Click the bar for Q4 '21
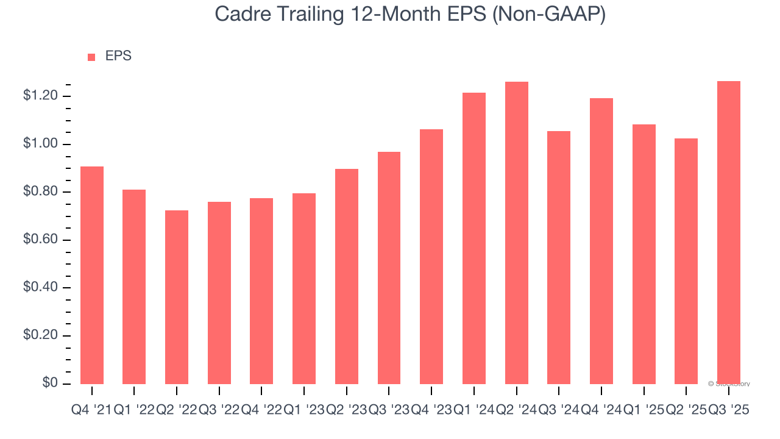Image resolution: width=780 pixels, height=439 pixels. coord(92,275)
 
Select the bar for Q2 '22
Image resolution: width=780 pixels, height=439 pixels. coord(177,297)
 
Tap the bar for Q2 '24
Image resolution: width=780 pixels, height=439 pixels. coord(517,233)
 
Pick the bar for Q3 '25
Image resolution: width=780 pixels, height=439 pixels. coord(729,232)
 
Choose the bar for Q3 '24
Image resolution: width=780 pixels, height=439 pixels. coord(559,257)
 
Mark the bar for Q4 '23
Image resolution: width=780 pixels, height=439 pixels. coord(431,257)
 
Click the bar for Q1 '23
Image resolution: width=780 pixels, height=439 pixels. coord(304,288)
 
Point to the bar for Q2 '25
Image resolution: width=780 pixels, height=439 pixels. coord(686,261)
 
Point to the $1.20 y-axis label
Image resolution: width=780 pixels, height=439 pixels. coord(40,96)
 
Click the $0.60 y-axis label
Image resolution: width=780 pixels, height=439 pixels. coord(40,240)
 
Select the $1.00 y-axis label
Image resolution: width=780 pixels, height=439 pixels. coord(40,144)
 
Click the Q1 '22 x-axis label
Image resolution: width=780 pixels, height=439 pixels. coord(134,410)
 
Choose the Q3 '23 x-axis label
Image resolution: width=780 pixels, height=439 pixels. coord(389,410)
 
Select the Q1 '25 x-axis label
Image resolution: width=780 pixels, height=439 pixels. coord(644,410)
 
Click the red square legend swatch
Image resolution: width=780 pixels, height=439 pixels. coord(91,57)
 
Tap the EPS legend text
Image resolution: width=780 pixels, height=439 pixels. coord(118,56)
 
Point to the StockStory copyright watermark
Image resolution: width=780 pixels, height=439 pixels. coord(729,384)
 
